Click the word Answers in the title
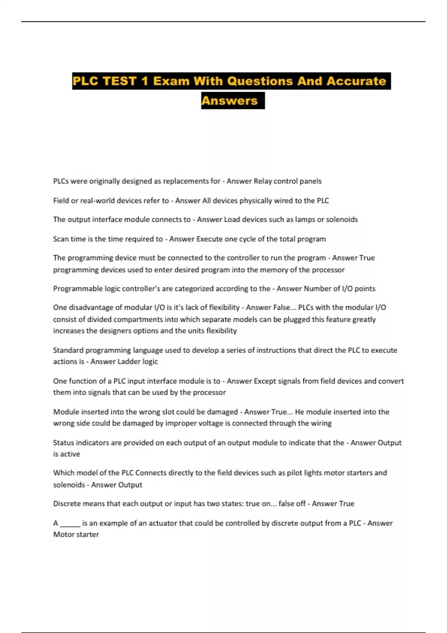click(x=229, y=101)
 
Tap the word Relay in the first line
click(x=263, y=181)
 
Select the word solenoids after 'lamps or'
click(x=342, y=220)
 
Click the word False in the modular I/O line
click(x=282, y=308)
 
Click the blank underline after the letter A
click(x=70, y=523)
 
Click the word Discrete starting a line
click(x=67, y=504)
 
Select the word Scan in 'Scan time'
click(x=61, y=239)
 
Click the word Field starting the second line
click(x=61, y=201)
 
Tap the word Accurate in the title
click(x=356, y=81)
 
